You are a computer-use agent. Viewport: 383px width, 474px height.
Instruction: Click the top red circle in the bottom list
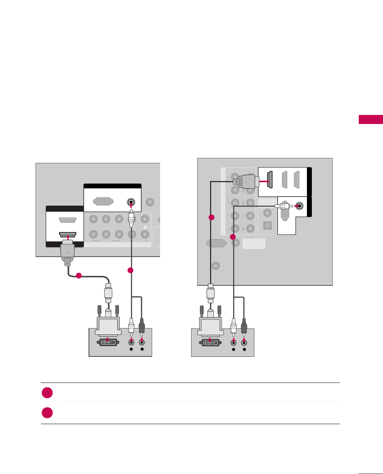click(47, 393)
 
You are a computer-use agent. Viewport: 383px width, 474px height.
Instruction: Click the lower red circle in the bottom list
click(47, 412)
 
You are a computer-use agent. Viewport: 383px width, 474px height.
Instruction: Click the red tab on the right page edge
click(371, 120)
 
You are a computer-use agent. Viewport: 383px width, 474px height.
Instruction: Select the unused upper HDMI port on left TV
click(68, 220)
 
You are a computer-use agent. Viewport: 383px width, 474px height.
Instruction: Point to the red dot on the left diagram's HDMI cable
click(78, 276)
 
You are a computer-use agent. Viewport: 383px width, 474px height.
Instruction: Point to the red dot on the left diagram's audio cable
click(130, 270)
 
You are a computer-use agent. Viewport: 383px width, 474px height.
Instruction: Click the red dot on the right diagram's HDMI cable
click(212, 217)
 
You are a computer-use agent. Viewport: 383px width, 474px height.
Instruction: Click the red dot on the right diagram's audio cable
click(233, 237)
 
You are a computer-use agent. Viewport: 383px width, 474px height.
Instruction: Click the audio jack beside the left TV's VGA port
click(131, 202)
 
